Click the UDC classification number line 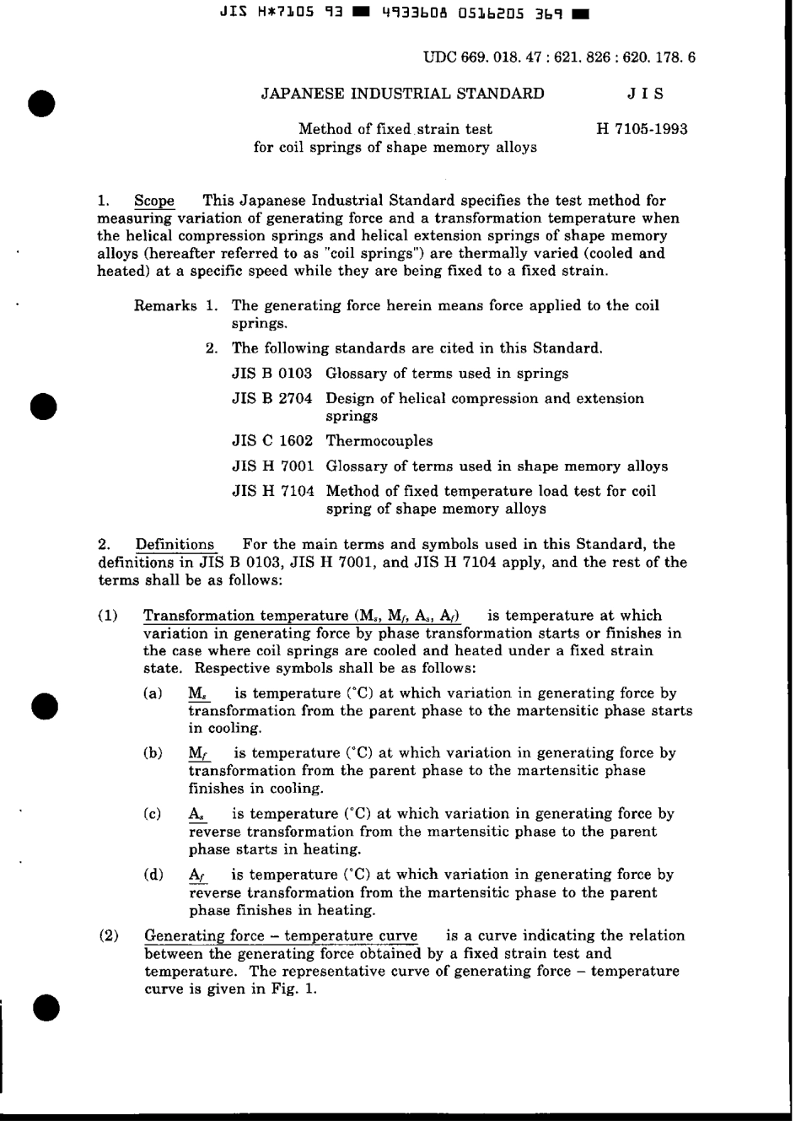click(559, 57)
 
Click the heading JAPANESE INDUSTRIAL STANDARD click(402, 94)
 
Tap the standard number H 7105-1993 click(642, 129)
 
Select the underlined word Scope click(154, 201)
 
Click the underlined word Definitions click(175, 545)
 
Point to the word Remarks click(165, 305)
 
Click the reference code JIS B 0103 click(271, 373)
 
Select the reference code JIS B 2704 click(271, 398)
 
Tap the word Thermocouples click(379, 440)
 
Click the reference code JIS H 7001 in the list click(271, 466)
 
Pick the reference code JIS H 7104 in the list click(271, 491)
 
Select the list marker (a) click(153, 693)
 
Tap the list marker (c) click(153, 814)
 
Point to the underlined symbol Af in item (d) click(197, 875)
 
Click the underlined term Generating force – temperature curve click(281, 935)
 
